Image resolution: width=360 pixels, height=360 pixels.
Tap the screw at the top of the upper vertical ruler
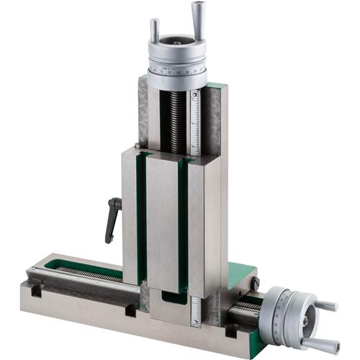coord(194,94)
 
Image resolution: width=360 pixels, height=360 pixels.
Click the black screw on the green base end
coord(256,284)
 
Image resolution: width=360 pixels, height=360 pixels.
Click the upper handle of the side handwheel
coord(323,306)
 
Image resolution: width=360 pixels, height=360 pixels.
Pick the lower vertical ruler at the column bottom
coord(196,310)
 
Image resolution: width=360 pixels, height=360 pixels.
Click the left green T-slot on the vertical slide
coord(142,216)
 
